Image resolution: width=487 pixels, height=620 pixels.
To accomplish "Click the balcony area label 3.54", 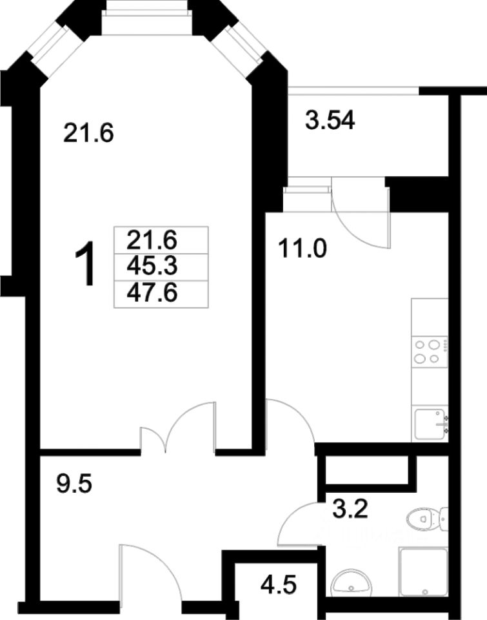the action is pyautogui.click(x=330, y=120).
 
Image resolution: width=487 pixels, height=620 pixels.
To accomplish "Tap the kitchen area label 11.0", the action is pyautogui.click(x=302, y=249).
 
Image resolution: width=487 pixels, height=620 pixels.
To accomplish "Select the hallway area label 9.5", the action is pyautogui.click(x=74, y=484).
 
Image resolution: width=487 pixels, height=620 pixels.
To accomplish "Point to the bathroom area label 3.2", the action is pyautogui.click(x=350, y=509).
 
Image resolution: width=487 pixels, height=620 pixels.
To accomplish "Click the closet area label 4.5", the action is pyautogui.click(x=279, y=584).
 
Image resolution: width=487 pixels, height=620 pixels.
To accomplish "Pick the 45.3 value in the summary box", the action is pyautogui.click(x=152, y=267).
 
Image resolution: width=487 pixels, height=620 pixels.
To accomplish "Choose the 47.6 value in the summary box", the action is pyautogui.click(x=152, y=293).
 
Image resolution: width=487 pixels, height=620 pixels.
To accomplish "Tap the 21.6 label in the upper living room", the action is pyautogui.click(x=88, y=132).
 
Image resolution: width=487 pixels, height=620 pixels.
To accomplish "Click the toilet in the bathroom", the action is pyautogui.click(x=428, y=519).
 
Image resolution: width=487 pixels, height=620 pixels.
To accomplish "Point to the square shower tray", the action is pyautogui.click(x=423, y=572).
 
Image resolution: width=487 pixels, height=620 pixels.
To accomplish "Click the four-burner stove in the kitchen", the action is pyautogui.click(x=430, y=351).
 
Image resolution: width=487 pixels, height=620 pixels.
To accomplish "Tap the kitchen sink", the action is pyautogui.click(x=430, y=424).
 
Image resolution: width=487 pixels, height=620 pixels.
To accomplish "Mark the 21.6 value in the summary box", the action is pyautogui.click(x=152, y=240).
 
